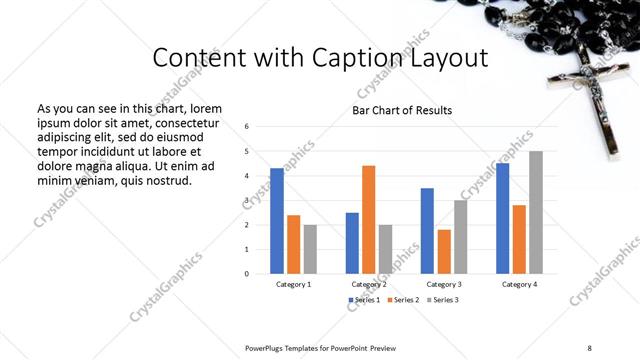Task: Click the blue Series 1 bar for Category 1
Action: [277, 221]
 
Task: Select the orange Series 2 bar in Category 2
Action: [369, 219]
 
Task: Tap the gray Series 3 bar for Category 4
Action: [536, 212]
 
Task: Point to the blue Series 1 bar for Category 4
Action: [502, 218]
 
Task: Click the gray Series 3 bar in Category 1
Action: [310, 249]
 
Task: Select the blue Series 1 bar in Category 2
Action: [352, 243]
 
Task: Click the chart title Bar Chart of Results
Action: [402, 110]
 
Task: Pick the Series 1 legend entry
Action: [362, 300]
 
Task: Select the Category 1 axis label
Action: [293, 285]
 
